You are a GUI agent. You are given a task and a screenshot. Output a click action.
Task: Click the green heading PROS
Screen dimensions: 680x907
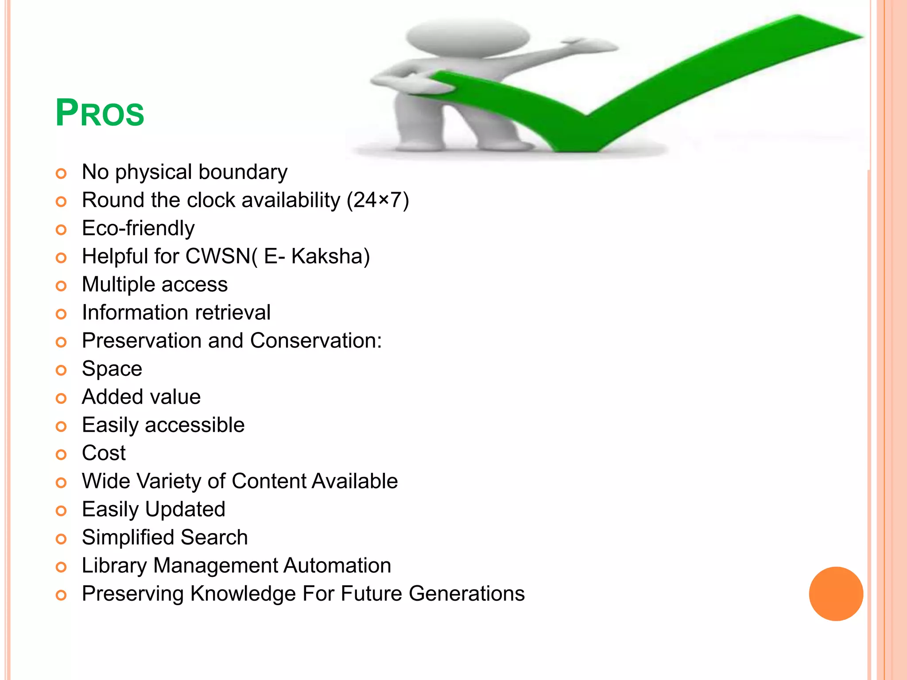(100, 113)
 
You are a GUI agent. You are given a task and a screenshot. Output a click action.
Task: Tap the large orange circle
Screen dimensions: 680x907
(836, 594)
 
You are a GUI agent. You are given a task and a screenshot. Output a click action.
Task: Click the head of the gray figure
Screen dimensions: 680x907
(468, 37)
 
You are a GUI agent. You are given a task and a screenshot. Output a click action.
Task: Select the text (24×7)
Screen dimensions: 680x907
(378, 200)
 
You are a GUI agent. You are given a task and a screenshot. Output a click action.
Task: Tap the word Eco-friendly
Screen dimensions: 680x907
(138, 228)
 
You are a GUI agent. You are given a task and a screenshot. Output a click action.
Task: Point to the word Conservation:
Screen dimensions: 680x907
(316, 341)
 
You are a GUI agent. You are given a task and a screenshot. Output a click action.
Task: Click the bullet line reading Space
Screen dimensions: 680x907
(112, 369)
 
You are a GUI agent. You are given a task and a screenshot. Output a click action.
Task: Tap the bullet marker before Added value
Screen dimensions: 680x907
(61, 398)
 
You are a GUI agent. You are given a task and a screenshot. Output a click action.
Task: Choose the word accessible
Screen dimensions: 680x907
(194, 425)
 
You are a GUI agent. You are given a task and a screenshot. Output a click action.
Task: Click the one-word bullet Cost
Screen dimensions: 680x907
(104, 453)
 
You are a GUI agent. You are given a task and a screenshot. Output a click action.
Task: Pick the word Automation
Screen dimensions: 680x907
(337, 566)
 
